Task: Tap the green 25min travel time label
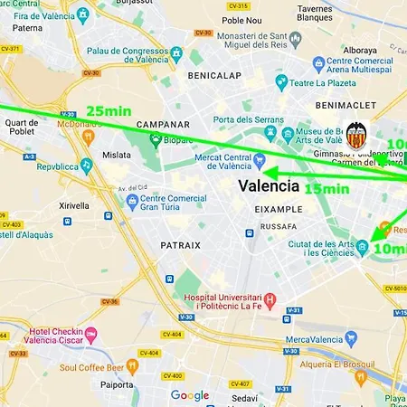[109, 111]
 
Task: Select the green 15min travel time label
[327, 190]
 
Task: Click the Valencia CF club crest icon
[356, 137]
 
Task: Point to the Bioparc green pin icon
[156, 139]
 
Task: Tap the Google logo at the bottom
[190, 395]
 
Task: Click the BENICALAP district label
[213, 76]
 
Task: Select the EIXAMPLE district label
[279, 208]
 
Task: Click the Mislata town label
[117, 156]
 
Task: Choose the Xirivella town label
[75, 206]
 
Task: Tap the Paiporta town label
[118, 384]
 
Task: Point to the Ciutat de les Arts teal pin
[363, 246]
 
